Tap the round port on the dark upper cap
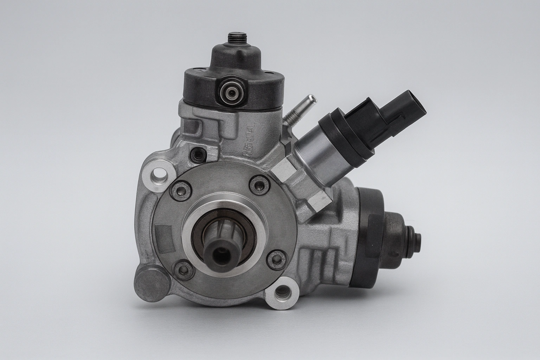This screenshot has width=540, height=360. pyautogui.click(x=230, y=92)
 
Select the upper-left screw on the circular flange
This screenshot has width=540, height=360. pyautogui.click(x=181, y=190)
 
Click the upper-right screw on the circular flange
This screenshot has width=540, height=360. pyautogui.click(x=261, y=184)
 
